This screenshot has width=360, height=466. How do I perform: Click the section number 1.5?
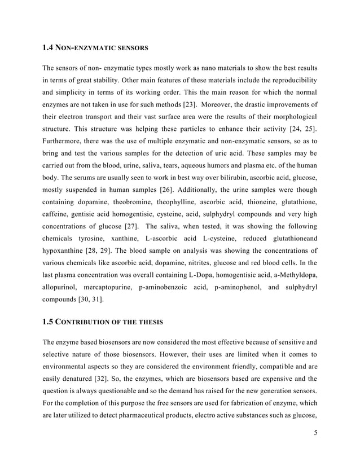point(49,322)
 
